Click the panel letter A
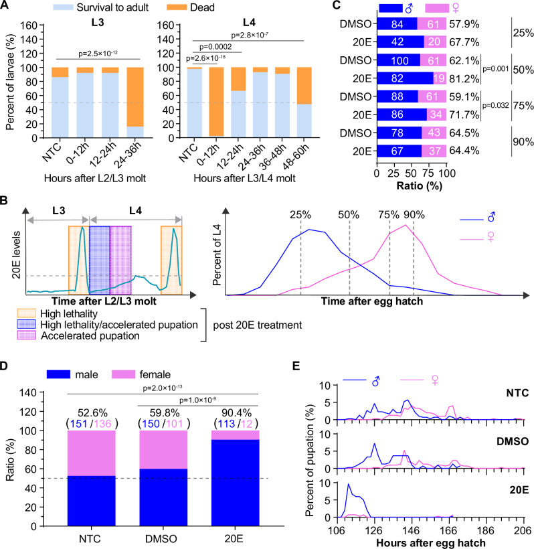pos(7,7)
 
